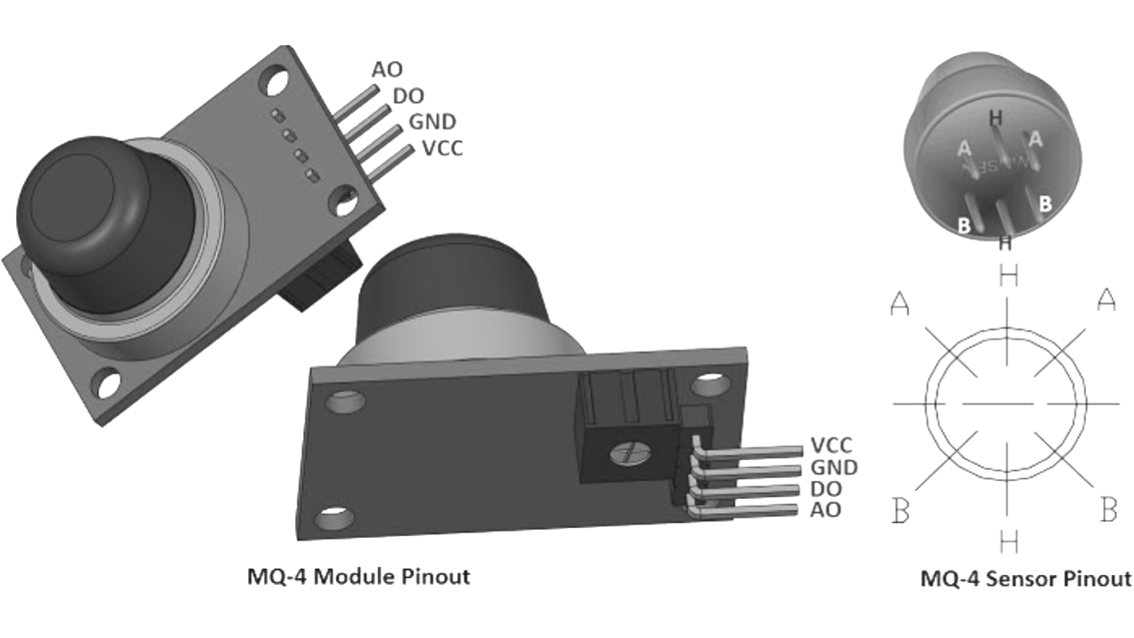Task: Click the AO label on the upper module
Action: [387, 69]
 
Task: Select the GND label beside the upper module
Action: [431, 121]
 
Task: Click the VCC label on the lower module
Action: [832, 446]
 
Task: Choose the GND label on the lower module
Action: [834, 468]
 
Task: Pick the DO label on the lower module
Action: [826, 489]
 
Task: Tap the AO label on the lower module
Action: [826, 510]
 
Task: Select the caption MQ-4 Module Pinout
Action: [358, 577]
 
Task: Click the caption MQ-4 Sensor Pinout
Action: [1025, 580]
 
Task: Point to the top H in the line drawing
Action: [1008, 276]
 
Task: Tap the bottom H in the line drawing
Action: [1008, 541]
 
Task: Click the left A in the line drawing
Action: [900, 304]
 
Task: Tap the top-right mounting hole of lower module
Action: [708, 385]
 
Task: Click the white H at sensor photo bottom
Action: [1005, 242]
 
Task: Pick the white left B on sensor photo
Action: [964, 225]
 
